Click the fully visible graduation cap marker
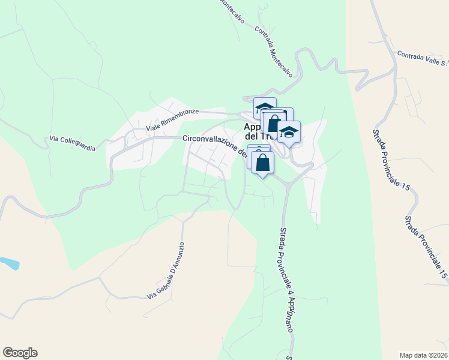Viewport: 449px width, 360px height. click(x=289, y=132)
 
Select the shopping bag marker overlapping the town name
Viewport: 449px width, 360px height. click(x=274, y=123)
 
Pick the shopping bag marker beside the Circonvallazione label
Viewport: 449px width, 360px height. click(x=263, y=162)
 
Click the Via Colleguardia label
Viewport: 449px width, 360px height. click(x=73, y=143)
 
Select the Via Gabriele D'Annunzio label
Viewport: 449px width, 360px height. click(x=166, y=271)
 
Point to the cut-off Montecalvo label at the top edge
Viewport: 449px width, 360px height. click(x=232, y=11)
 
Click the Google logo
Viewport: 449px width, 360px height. click(x=20, y=353)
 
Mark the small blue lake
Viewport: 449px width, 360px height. click(x=9, y=263)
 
